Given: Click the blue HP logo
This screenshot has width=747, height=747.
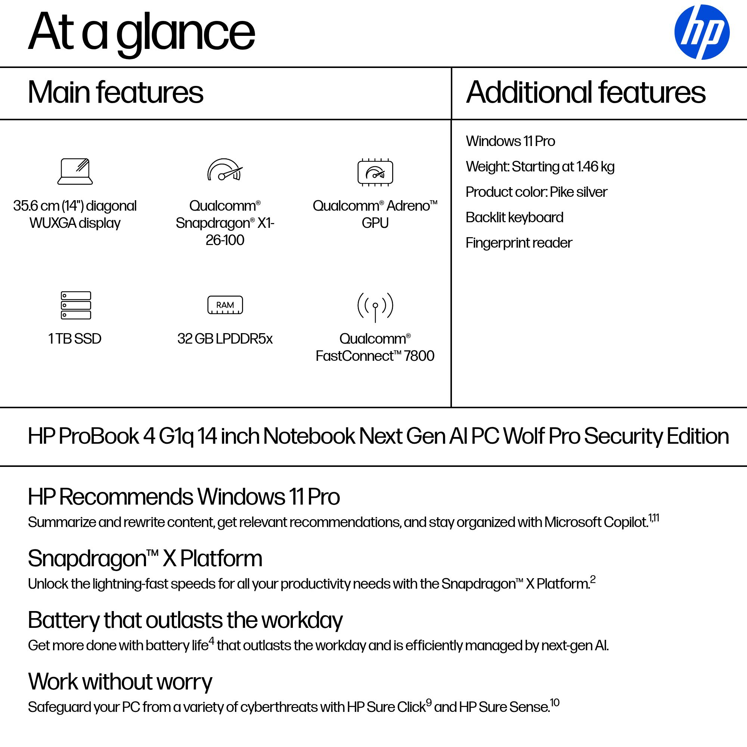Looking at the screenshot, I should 701,32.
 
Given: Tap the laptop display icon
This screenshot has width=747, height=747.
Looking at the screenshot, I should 75,171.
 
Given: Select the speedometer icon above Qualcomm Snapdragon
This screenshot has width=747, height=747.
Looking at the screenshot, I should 224,170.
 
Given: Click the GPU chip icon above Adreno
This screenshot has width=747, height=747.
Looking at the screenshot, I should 375,172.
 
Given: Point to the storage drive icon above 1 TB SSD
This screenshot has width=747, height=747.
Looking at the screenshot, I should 76,305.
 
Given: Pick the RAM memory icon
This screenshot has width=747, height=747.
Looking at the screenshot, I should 225,305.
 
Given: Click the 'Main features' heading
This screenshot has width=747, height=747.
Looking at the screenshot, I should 115,92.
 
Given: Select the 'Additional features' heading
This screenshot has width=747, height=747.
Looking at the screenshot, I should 586,92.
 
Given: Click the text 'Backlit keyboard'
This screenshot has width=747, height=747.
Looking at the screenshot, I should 514,217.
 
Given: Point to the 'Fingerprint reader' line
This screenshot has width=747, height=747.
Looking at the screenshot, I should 518,243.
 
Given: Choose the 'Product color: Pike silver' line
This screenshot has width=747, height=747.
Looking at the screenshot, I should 536,192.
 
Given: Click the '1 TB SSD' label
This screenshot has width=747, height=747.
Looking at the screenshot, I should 75,339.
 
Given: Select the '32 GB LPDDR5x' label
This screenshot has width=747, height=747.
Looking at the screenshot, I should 224,339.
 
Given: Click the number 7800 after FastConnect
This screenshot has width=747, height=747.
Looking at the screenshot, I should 419,356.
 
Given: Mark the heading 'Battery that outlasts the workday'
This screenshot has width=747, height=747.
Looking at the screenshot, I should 185,620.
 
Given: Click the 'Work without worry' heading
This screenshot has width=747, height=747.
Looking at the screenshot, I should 120,682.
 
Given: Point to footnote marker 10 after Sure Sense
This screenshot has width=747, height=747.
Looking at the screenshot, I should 555,703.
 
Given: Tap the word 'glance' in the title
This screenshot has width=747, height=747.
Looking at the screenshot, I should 186,33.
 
